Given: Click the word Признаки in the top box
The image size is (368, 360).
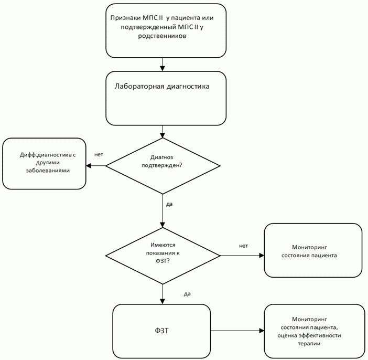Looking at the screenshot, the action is tap(126, 18).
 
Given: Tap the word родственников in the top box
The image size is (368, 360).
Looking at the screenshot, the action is tap(162, 36).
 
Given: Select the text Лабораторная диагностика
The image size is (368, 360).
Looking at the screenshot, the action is tap(162, 87).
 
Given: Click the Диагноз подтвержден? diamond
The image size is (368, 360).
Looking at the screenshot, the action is tap(163, 166).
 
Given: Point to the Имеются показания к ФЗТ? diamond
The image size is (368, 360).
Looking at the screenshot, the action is tap(163, 256).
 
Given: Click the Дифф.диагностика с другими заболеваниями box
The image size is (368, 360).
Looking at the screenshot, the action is tap(44, 164).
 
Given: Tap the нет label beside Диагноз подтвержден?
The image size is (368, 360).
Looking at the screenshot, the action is tap(99, 154).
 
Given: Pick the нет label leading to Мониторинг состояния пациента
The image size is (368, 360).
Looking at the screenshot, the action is tap(243, 246).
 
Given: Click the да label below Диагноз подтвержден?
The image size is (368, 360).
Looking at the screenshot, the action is tap(169, 204).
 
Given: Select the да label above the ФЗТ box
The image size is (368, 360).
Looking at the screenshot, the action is tap(187, 294).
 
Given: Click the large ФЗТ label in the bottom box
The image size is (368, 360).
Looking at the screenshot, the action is tap(161, 331).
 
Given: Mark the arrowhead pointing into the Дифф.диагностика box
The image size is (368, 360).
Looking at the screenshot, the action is tap(89, 166).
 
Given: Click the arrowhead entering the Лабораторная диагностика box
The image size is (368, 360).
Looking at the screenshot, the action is tap(163, 68).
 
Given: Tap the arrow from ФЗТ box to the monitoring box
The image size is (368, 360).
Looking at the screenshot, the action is tap(237, 331).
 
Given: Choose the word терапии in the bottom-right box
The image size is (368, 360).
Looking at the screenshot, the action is tap(309, 344).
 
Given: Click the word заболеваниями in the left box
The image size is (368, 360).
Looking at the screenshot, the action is tap(48, 171).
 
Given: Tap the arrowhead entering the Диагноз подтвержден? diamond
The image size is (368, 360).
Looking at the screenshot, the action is tap(163, 135).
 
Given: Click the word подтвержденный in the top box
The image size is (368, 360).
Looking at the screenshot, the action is tap(148, 27).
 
